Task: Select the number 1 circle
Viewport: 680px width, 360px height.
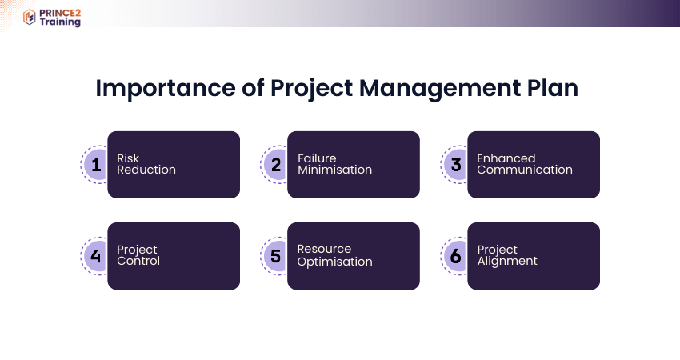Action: [x=96, y=165]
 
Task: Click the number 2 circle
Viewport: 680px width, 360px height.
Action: [x=276, y=165]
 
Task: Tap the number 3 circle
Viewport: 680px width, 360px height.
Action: [x=456, y=165]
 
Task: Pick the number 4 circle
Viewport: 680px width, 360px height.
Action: [x=96, y=256]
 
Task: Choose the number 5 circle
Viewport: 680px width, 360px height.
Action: [x=276, y=256]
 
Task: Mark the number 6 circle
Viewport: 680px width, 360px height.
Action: [x=456, y=256]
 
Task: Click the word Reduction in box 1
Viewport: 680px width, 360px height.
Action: [x=146, y=170]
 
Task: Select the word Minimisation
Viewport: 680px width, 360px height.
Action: [x=334, y=170]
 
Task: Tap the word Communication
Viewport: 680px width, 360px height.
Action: [x=525, y=170]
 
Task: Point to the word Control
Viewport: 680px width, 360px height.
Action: [x=138, y=261]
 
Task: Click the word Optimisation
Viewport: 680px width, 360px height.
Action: [x=334, y=262]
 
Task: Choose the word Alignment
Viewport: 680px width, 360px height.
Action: [x=507, y=261]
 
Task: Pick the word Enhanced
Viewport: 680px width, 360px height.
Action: [x=506, y=158]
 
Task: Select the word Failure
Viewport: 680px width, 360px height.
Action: [x=317, y=158]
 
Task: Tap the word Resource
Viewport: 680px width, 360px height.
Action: [x=324, y=250]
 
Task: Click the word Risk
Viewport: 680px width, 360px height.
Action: [x=128, y=158]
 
